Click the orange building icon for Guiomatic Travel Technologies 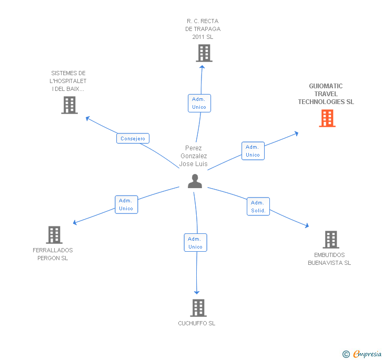(x=327, y=118)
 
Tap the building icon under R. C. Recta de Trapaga (x=204, y=53)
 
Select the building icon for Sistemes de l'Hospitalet (x=69, y=105)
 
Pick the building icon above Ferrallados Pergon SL (x=54, y=235)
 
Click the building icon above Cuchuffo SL (x=198, y=307)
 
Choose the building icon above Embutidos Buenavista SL (x=330, y=240)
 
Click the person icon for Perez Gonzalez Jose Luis (x=195, y=181)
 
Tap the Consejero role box (x=133, y=139)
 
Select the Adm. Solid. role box (x=258, y=207)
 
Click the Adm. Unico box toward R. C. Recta (x=199, y=103)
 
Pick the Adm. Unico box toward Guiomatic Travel (x=253, y=151)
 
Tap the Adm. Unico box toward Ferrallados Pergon (x=126, y=204)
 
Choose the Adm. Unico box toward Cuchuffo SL (x=195, y=243)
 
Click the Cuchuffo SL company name (x=197, y=323)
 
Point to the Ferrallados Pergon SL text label (x=53, y=254)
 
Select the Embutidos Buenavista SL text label (x=329, y=259)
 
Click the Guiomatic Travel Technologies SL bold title (x=326, y=94)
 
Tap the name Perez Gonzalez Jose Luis (x=194, y=156)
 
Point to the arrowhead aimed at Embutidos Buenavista (x=307, y=226)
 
